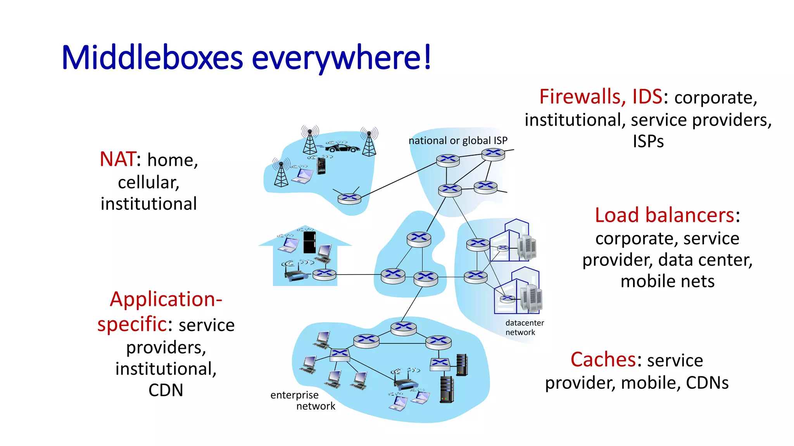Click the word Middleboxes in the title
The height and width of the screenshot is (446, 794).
[x=152, y=58]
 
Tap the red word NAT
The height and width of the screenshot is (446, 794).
[x=117, y=159]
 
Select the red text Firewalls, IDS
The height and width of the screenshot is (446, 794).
[x=601, y=97]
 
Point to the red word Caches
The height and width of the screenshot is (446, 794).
[x=602, y=360]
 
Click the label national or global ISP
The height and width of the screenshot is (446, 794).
[x=458, y=141]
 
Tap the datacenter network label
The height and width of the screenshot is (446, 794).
[x=524, y=328]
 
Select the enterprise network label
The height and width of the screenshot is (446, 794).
[x=302, y=400]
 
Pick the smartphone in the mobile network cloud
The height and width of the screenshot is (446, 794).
[x=321, y=166]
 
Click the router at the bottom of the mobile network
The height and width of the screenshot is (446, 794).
[x=349, y=199]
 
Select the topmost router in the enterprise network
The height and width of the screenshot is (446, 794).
[x=403, y=328]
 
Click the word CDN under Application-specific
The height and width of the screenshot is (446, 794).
[x=166, y=390]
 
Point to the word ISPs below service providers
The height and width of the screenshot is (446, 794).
[x=648, y=141]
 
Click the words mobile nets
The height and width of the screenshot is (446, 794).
[x=667, y=281]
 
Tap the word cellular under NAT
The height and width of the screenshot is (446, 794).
[x=148, y=182]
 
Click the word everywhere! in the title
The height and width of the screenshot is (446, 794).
[x=341, y=58]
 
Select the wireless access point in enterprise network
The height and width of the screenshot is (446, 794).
[x=406, y=383]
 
